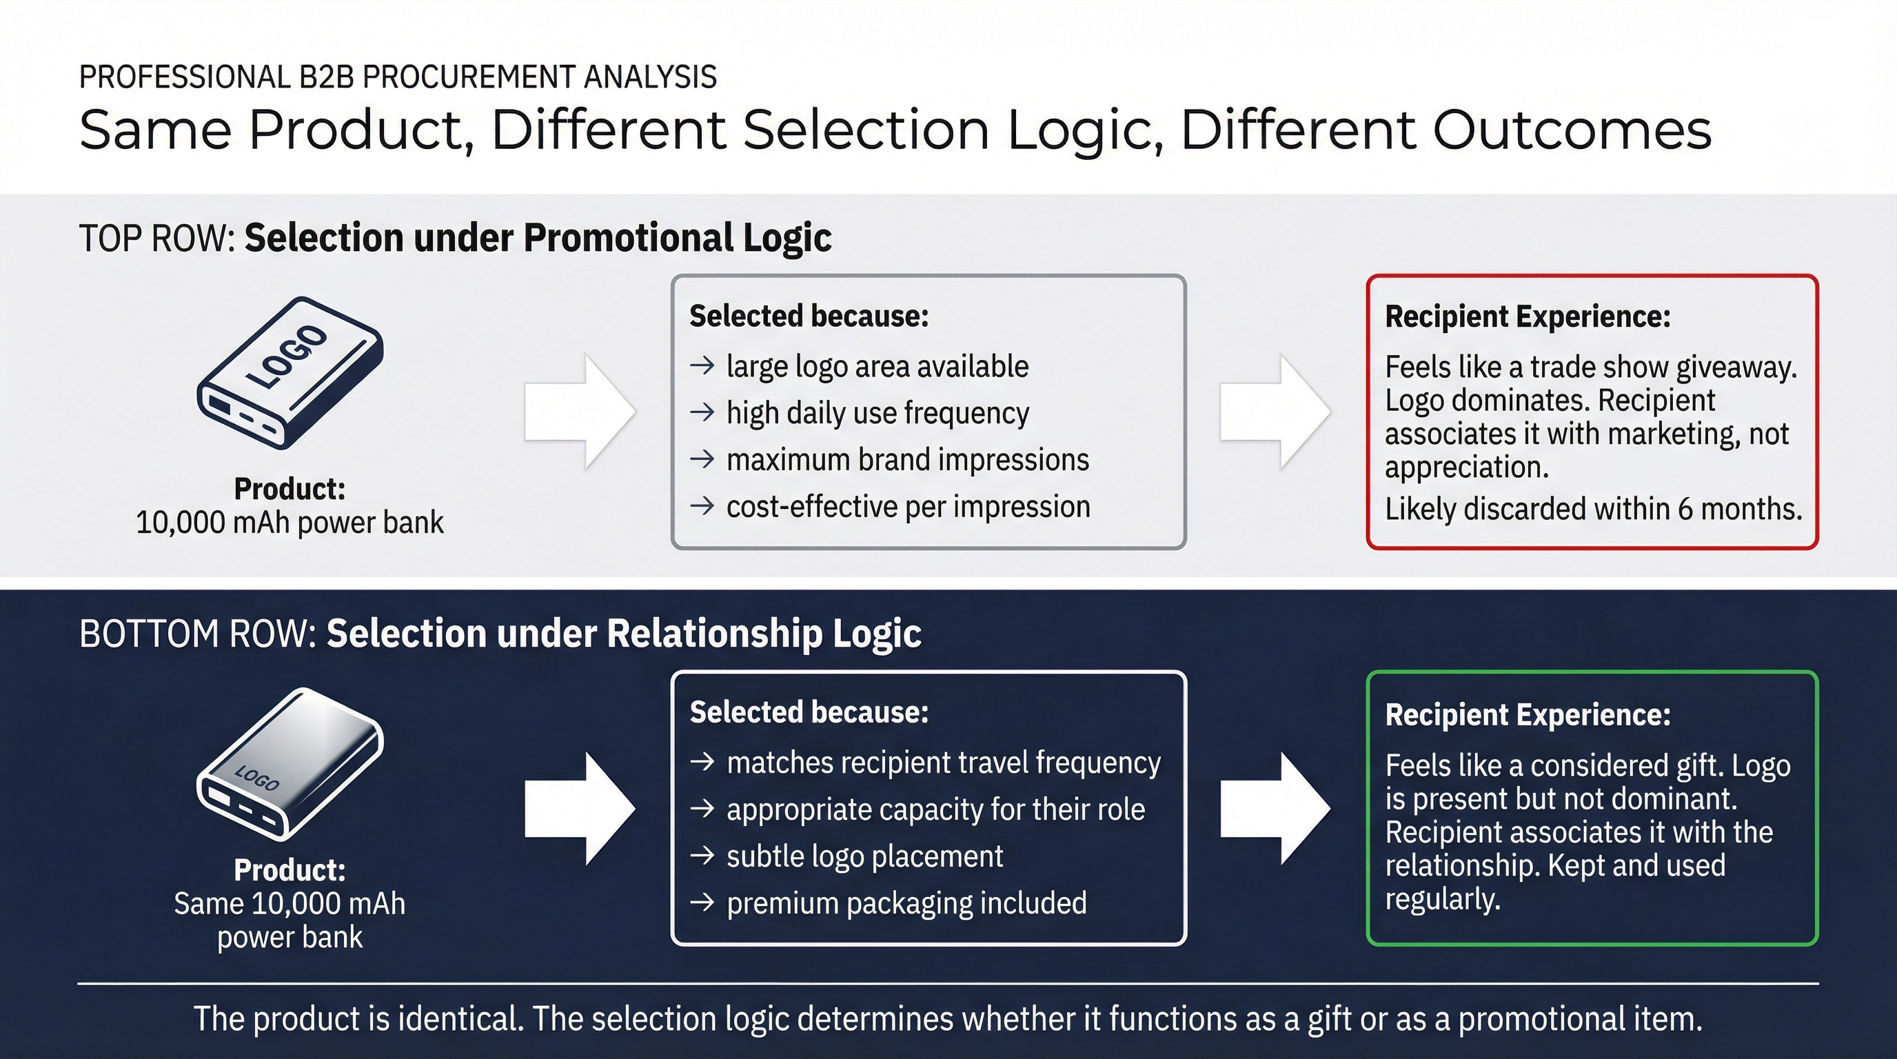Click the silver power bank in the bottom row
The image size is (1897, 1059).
click(290, 764)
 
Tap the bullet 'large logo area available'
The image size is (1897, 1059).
click(876, 367)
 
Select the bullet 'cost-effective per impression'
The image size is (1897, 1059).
click(907, 507)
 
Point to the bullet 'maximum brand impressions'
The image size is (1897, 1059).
click(907, 461)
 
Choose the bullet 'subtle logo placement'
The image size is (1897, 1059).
click(864, 856)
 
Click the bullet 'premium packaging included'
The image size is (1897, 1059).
click(906, 904)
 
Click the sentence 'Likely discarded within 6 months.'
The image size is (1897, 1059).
click(1594, 509)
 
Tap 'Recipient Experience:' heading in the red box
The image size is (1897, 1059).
click(1528, 316)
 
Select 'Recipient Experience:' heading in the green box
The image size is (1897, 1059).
click(1528, 715)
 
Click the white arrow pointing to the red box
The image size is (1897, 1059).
click(1275, 412)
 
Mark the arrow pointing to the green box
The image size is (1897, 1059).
click(1275, 809)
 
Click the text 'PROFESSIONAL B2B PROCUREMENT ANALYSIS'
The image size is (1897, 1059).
click(398, 77)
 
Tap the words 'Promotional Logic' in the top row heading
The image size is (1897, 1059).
click(678, 239)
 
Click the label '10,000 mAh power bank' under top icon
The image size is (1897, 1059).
click(290, 523)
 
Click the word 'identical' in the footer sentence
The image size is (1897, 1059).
click(461, 1019)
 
